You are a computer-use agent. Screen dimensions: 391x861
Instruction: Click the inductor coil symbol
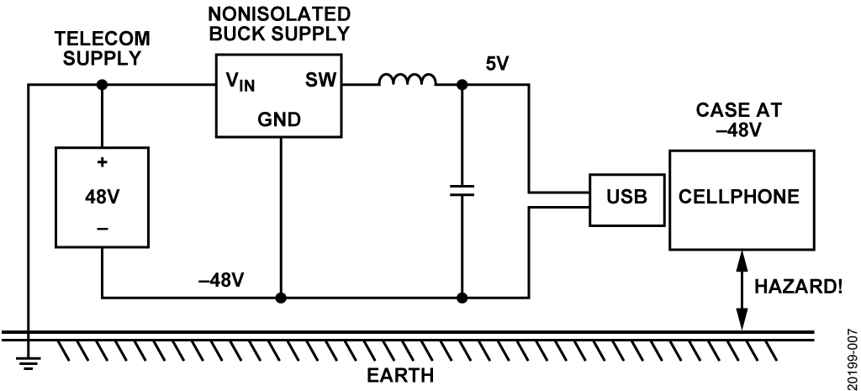coord(408,81)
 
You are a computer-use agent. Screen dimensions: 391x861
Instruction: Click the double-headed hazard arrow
coord(741,290)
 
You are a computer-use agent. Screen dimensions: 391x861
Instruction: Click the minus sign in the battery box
coord(102,228)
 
